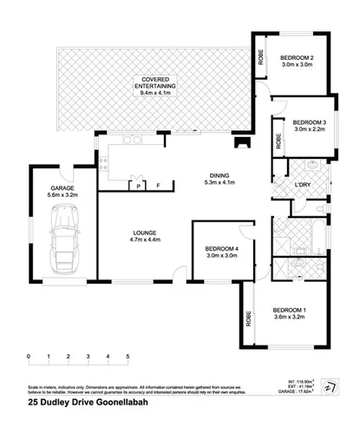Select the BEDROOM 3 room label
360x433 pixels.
[x=308, y=122]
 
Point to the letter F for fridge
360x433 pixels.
[x=157, y=185]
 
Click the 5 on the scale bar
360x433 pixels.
[x=128, y=357]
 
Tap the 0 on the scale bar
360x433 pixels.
[x=29, y=357]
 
